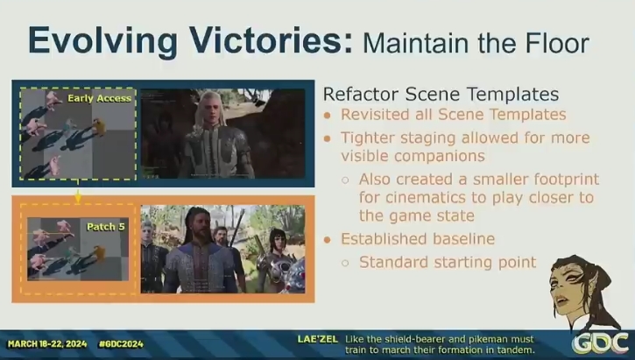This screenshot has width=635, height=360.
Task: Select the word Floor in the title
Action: coord(557,43)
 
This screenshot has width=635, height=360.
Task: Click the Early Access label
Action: coord(99,98)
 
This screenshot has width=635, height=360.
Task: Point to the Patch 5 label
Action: coord(106,227)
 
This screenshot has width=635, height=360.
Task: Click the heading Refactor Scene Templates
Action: coord(441,95)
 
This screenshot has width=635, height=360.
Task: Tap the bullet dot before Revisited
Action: coord(328,116)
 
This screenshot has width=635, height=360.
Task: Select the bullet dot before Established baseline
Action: coord(328,240)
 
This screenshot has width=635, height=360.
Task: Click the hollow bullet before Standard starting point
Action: coord(345,263)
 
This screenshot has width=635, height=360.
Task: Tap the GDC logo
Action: coord(601,343)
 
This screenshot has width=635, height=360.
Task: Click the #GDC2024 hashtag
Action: coord(121,344)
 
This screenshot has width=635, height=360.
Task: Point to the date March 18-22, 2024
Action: coord(47,344)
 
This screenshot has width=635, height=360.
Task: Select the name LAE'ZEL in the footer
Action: coord(317,339)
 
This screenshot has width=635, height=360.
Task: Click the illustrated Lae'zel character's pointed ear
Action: coord(592,286)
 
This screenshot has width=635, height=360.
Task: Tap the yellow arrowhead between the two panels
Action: coord(78,198)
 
